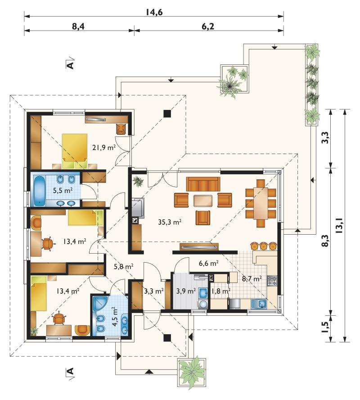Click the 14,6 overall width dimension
(154, 12)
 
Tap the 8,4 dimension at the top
(78, 26)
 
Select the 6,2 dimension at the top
(208, 26)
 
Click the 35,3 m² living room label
(170, 222)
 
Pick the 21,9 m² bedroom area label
(104, 147)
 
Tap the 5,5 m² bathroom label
(63, 190)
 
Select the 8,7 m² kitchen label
(252, 278)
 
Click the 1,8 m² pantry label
(221, 291)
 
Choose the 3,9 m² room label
(186, 291)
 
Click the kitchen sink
(259, 304)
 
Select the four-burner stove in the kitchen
(272, 281)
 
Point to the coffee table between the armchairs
(203, 200)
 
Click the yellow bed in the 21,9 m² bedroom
(75, 151)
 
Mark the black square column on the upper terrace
(167, 113)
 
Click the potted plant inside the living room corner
(139, 181)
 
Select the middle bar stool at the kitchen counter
(264, 246)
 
